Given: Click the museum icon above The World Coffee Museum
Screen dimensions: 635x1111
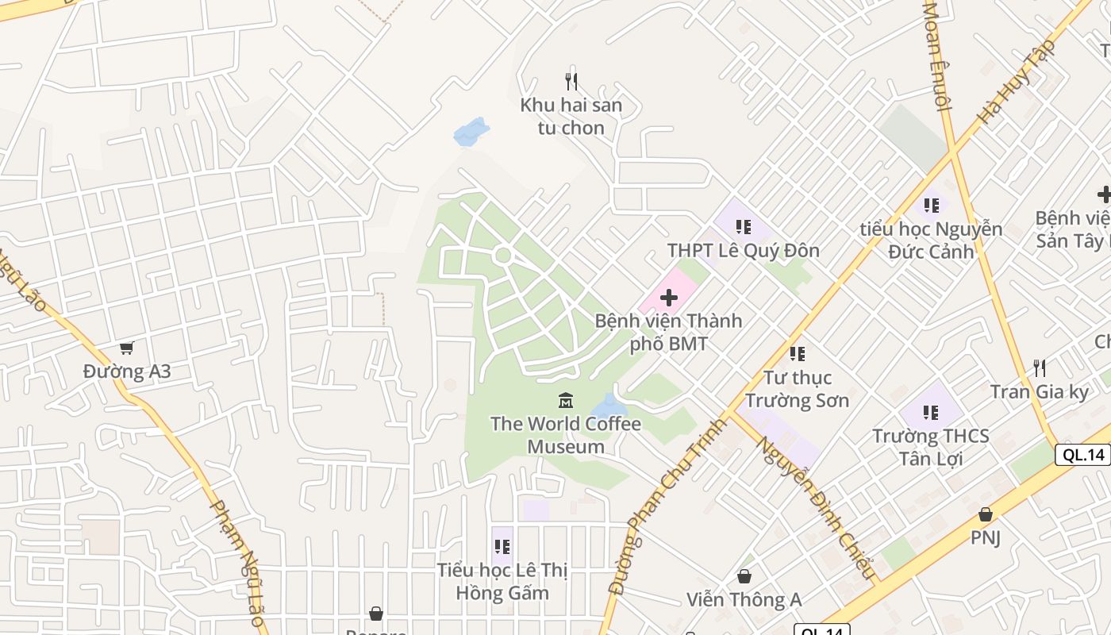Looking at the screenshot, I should click(566, 399).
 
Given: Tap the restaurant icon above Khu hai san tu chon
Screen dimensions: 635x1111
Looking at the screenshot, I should click(571, 81).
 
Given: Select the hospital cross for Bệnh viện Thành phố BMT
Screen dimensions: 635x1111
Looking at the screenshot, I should click(669, 298).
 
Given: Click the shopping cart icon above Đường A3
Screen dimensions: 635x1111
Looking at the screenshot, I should click(126, 348).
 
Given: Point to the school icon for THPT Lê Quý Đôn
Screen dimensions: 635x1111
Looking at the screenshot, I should click(743, 227).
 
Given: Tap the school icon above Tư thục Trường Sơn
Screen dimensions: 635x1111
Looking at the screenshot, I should click(798, 353).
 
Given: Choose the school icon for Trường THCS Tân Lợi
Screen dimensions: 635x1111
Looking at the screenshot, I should click(931, 412).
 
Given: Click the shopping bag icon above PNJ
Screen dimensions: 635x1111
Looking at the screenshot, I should click(985, 514).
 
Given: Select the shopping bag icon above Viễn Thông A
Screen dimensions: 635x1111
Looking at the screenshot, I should click(744, 575).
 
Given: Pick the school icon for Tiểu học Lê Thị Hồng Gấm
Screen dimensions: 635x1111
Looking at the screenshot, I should click(502, 546).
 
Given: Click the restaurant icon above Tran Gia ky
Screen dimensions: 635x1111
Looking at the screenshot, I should click(1040, 368).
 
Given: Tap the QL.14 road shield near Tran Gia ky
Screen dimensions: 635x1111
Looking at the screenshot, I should click(1083, 455).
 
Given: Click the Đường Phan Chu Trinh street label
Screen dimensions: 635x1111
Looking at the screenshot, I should click(666, 506).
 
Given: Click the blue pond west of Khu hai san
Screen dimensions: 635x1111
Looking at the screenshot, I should click(471, 133).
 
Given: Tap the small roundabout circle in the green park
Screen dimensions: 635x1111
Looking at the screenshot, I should click(502, 255).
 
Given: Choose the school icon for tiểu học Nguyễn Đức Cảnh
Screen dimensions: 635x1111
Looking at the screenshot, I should click(932, 206).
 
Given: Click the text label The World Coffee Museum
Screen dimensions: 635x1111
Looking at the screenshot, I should click(566, 434).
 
